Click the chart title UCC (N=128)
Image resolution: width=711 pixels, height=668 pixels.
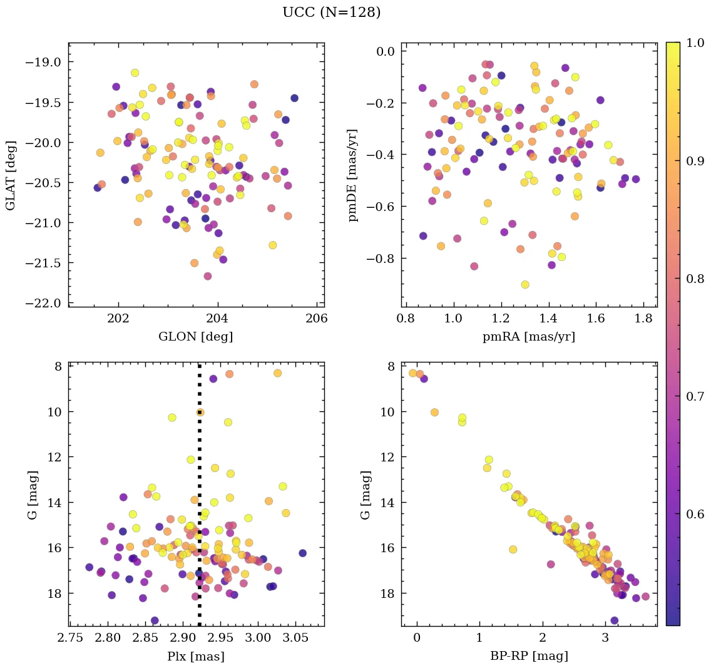[x=331, y=13]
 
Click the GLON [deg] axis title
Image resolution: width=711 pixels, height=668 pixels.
[x=196, y=337]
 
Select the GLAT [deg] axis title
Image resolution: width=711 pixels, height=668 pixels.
[x=11, y=175]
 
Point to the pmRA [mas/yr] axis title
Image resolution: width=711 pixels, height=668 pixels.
[x=529, y=337]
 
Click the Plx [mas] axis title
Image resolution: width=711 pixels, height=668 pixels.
[x=196, y=656]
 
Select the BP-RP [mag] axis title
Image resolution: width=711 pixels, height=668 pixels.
[x=529, y=656]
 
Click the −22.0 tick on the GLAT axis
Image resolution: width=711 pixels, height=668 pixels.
[x=46, y=303]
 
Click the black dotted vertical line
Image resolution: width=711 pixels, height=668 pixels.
[x=199, y=501]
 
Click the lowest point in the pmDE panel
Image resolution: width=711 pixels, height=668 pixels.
[x=525, y=284]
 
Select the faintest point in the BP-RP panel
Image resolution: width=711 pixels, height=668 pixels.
[x=614, y=620]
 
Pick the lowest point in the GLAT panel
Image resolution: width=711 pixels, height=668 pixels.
[x=208, y=276]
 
